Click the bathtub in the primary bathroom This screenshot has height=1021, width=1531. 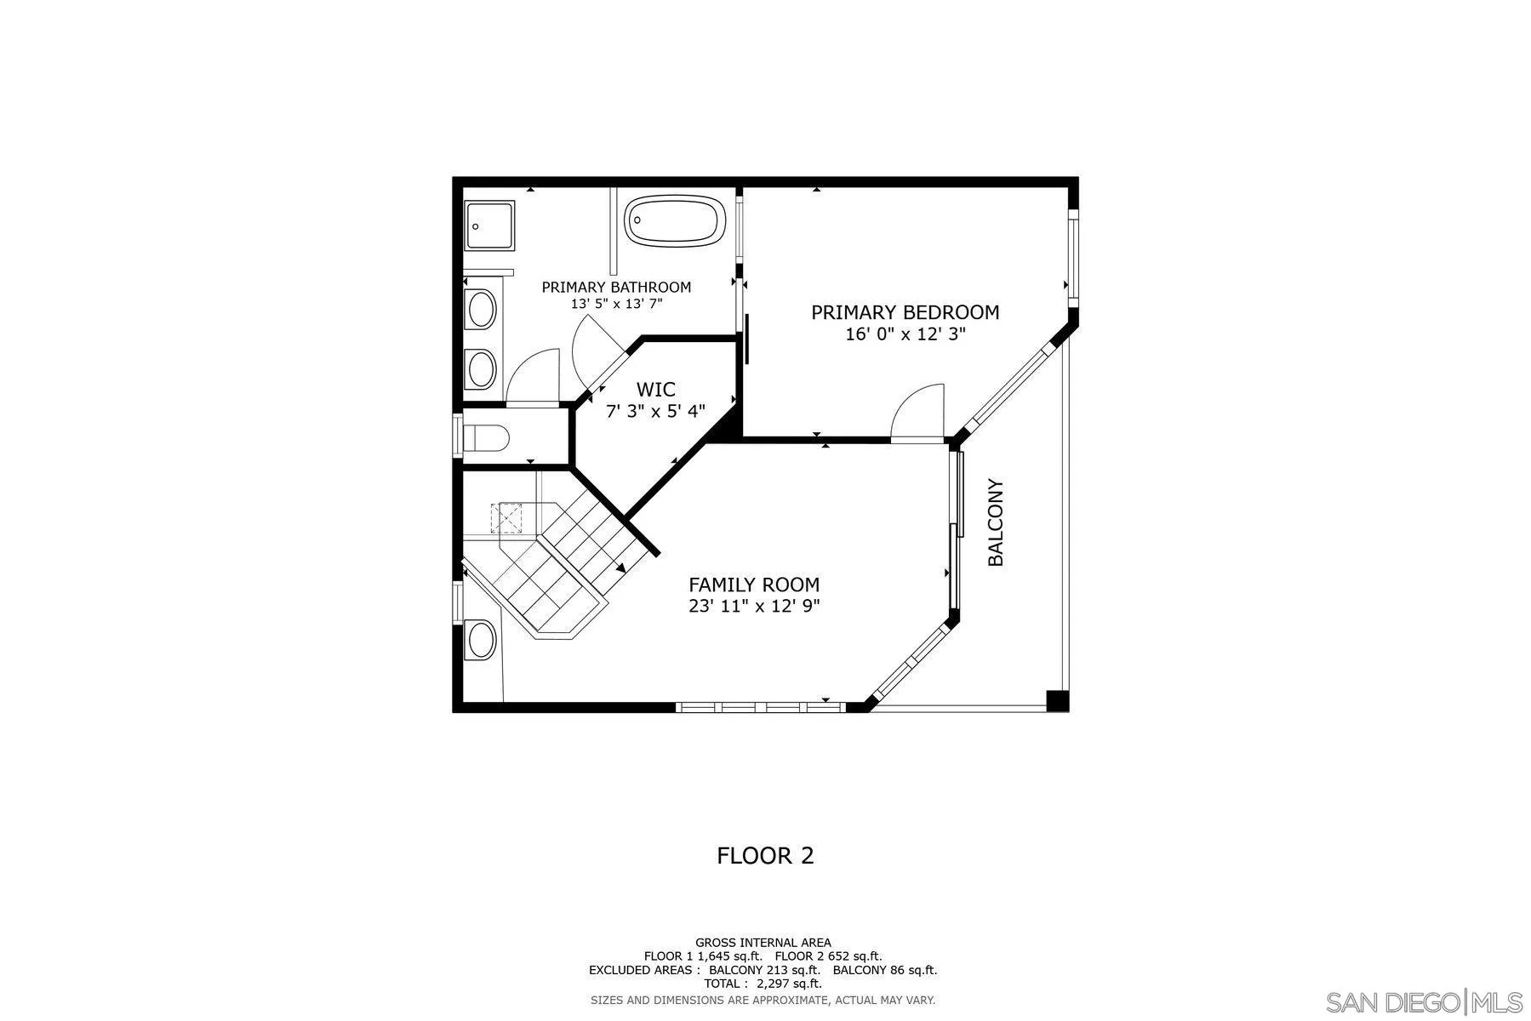(x=676, y=221)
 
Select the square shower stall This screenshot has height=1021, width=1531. (x=489, y=225)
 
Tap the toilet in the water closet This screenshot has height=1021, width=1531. (x=488, y=438)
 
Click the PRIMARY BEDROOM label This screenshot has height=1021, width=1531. (x=905, y=312)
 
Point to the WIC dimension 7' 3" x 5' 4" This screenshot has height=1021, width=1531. (x=655, y=412)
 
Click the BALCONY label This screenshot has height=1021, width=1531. (x=996, y=522)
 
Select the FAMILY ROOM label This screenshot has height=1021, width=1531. (x=753, y=585)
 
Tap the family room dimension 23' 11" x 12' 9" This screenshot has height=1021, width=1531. (x=753, y=607)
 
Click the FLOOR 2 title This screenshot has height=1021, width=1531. (x=765, y=855)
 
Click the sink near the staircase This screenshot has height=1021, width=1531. (x=482, y=639)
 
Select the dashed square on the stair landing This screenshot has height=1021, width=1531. (x=509, y=517)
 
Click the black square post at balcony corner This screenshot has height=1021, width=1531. (x=1057, y=701)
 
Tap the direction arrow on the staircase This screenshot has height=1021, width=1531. (x=620, y=568)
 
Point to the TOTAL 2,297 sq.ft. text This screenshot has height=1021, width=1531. (x=763, y=984)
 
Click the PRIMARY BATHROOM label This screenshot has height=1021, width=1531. (x=616, y=288)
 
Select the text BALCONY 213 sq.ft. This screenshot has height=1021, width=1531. (x=764, y=970)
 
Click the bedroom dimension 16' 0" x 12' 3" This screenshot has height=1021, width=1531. (x=905, y=334)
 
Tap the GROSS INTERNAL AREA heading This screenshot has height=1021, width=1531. (x=763, y=942)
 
